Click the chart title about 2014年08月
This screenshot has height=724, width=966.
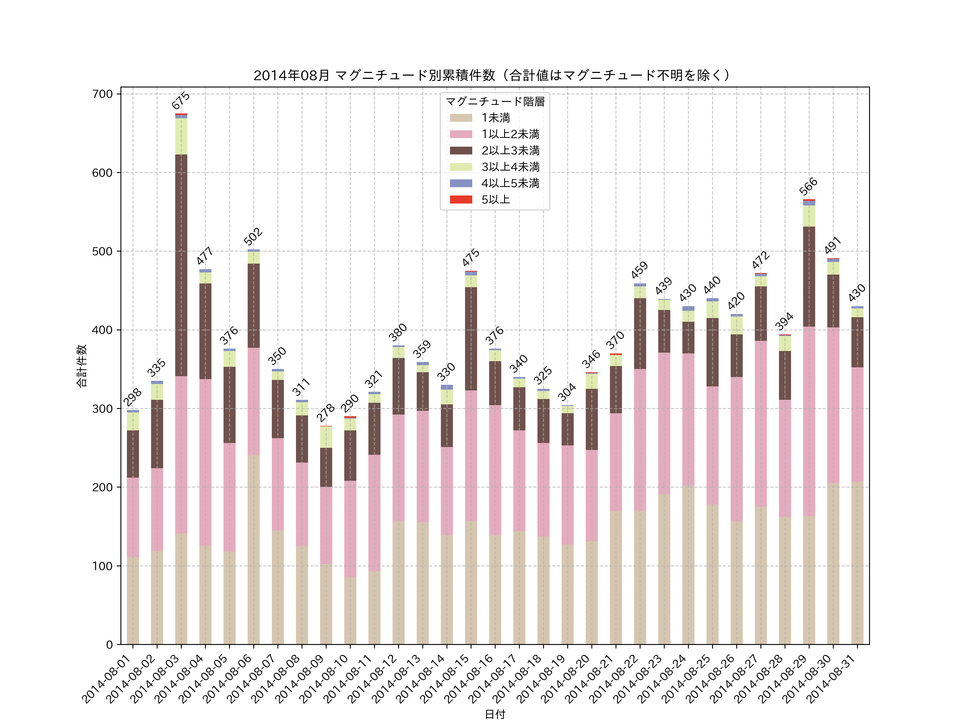point(493,76)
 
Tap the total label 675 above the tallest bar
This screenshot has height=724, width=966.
point(180,100)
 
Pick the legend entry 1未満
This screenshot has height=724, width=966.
point(495,118)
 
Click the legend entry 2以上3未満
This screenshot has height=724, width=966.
point(510,150)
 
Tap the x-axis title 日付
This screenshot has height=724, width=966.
point(495,714)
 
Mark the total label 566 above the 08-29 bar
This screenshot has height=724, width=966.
point(808,186)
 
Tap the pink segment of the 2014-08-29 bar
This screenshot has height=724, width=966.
point(809,421)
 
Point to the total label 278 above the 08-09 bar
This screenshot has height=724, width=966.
point(325,413)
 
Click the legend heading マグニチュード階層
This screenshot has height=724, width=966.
point(495,102)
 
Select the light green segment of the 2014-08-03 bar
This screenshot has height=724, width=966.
point(181,136)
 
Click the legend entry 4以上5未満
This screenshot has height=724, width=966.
point(510,183)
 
